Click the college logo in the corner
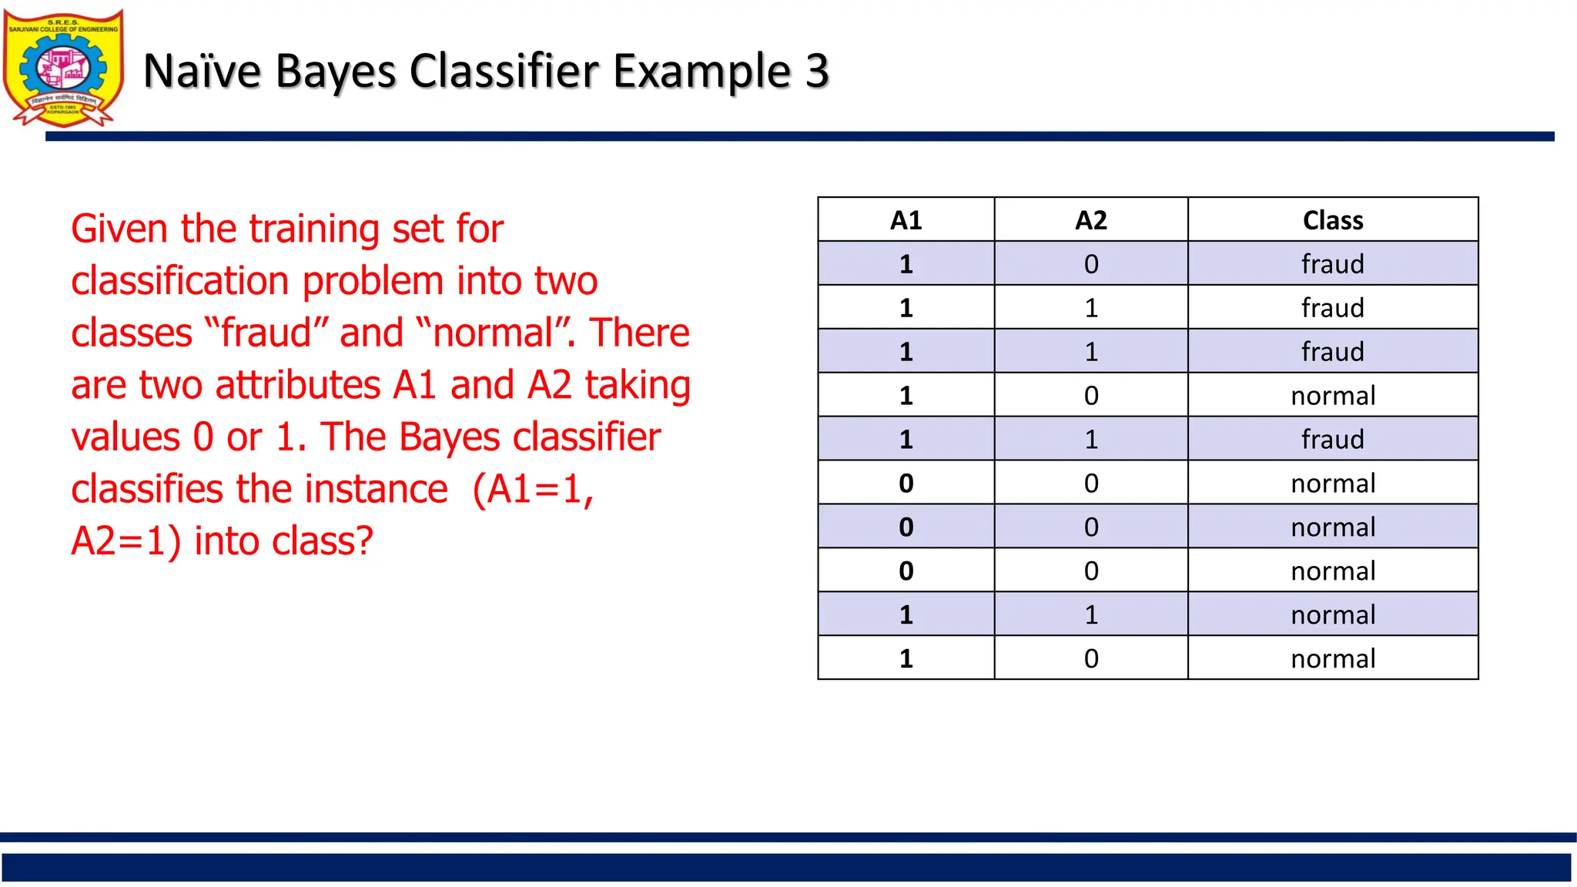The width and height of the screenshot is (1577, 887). tap(63, 68)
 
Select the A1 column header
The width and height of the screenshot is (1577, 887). tap(906, 220)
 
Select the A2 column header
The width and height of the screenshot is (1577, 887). tap(1090, 220)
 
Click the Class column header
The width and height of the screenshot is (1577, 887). tap(1332, 220)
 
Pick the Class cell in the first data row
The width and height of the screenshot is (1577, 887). tap(1332, 264)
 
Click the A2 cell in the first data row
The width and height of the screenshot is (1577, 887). tap(1090, 264)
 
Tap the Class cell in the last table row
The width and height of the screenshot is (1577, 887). tap(1332, 659)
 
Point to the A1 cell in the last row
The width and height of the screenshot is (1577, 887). tap(906, 659)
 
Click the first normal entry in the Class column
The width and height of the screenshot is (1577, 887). tap(1332, 396)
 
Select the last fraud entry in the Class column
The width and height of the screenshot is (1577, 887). tap(1332, 440)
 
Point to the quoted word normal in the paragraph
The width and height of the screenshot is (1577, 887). tap(493, 333)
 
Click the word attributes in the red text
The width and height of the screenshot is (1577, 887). tap(298, 385)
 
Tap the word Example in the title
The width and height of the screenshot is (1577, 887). tap(702, 71)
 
